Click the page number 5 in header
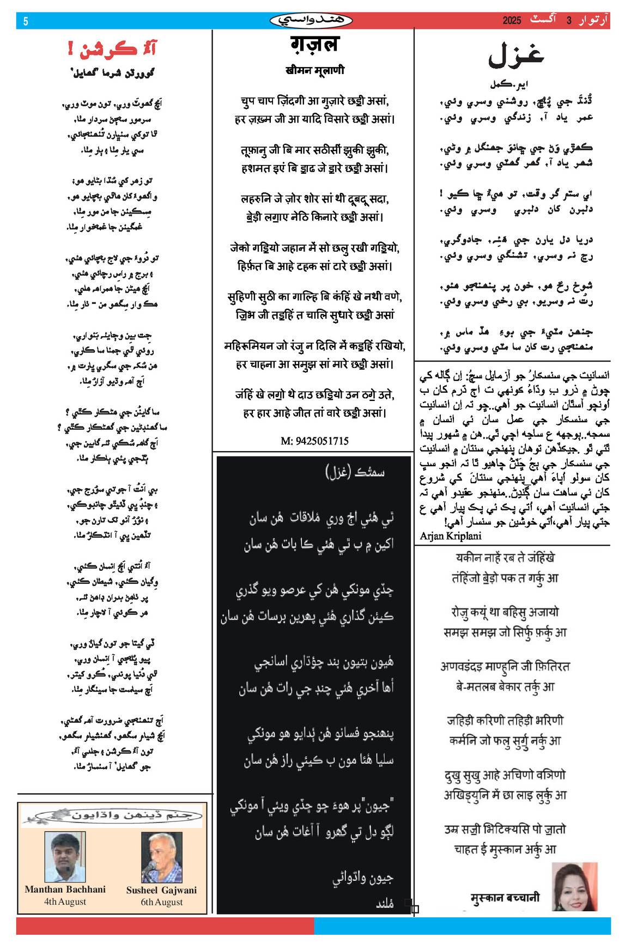26,21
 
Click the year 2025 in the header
512,21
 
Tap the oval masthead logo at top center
311,21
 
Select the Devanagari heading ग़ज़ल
314,44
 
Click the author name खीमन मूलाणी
314,70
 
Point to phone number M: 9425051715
314,441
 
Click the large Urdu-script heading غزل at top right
515,56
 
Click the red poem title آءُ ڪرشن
112,50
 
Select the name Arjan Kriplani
451,536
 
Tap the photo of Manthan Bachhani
65,857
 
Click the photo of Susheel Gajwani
161,857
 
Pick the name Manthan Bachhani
65,889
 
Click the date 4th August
65,902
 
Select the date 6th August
161,902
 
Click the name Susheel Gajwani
161,890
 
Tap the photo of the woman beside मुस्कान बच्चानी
575,886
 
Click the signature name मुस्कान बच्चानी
505,897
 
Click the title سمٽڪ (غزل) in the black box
355,472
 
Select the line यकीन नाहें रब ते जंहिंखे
505,557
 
